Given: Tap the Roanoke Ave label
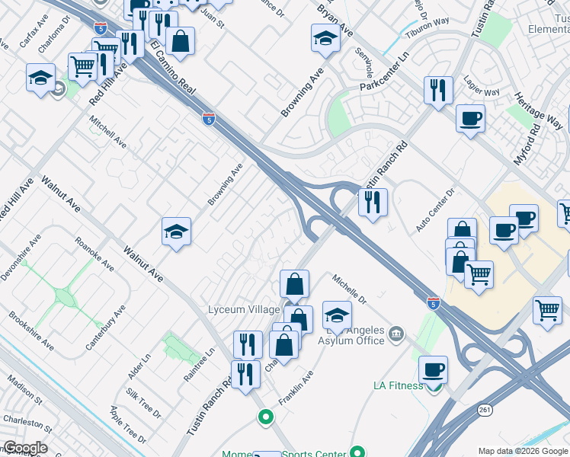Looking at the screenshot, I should tap(94, 254).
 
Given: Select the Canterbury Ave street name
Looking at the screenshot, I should tap(105, 328).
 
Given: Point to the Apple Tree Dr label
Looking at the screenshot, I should tap(127, 424).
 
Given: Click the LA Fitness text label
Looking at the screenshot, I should tap(398, 385).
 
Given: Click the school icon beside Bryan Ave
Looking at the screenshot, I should tap(325, 37).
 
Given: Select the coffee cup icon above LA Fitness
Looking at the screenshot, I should tap(433, 369).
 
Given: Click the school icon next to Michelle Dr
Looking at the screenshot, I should tap(337, 315).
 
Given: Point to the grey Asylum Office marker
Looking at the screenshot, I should tap(395, 333).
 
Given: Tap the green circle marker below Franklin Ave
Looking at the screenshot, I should tap(265, 417).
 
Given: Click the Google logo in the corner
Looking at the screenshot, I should tap(24, 448).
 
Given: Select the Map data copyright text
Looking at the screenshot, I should tap(522, 451).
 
